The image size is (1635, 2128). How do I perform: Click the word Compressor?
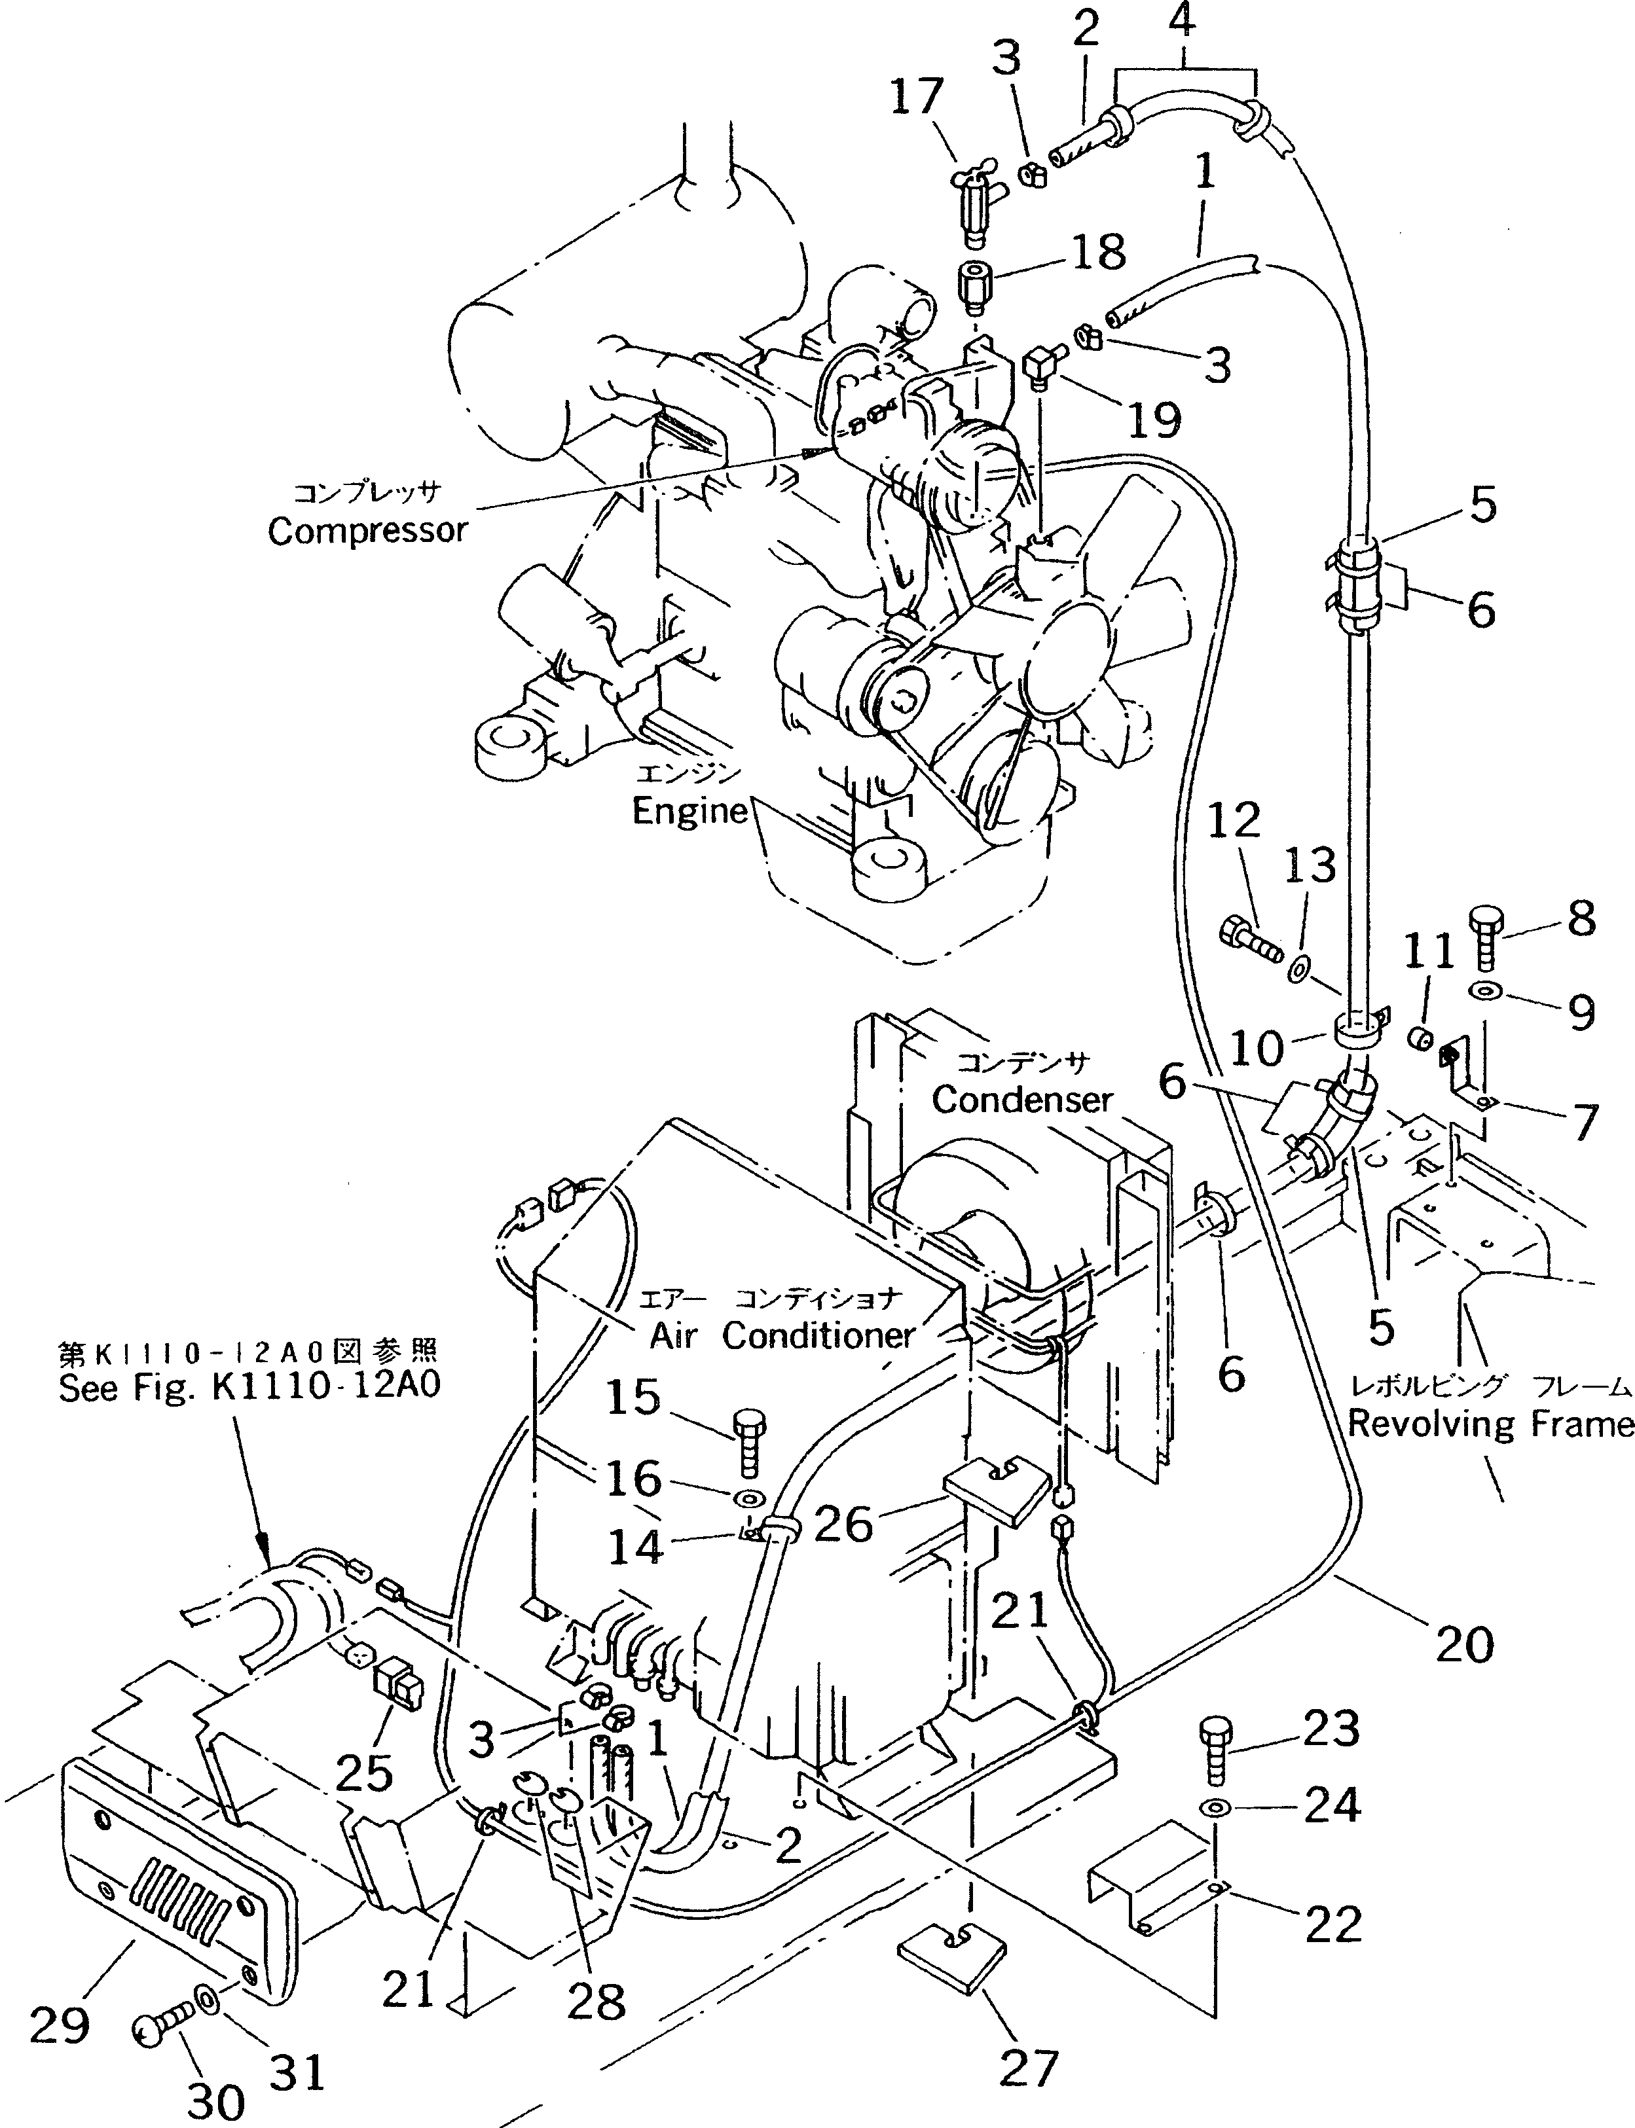[x=368, y=532]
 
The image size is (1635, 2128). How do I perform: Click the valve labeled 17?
[x=973, y=194]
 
